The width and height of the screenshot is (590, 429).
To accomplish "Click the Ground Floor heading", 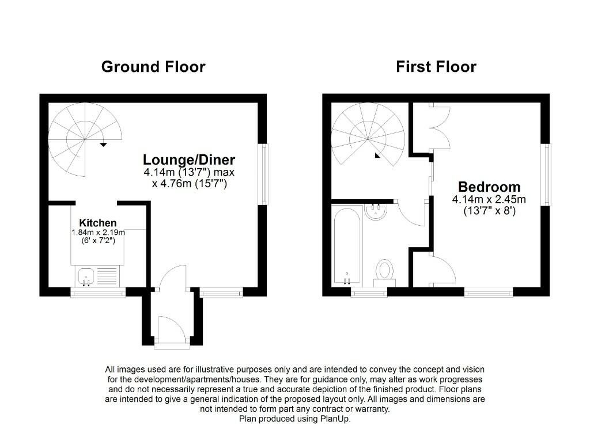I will [x=153, y=67].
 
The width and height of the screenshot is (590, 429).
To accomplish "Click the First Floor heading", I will [x=436, y=67].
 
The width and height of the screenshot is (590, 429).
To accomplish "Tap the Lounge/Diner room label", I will [x=189, y=160].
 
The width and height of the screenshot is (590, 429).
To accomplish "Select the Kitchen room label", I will [x=98, y=223].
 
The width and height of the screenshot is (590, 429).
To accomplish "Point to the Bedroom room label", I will [x=489, y=187].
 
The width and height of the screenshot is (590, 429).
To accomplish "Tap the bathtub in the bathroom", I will [x=347, y=245].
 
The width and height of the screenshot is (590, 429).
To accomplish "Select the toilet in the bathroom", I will [x=384, y=269].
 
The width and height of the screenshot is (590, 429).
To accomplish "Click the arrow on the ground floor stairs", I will [x=103, y=145].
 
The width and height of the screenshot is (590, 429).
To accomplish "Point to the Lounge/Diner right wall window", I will [x=264, y=174].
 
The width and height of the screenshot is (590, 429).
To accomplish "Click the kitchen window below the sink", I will [x=98, y=293].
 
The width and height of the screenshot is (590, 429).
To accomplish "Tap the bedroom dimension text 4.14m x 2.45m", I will [x=489, y=200].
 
